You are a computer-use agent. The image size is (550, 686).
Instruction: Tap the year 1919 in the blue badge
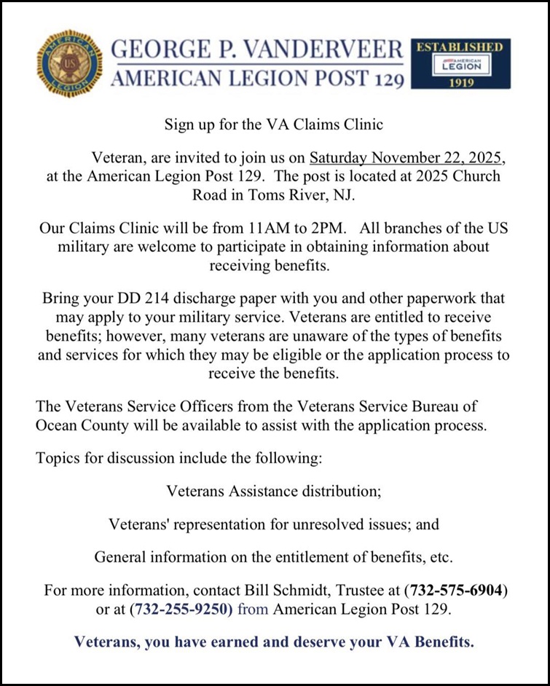point(460,82)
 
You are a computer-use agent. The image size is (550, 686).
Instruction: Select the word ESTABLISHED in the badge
point(460,47)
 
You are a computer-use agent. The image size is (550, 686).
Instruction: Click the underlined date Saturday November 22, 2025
point(406,158)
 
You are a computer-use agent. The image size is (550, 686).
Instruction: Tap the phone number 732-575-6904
point(456,590)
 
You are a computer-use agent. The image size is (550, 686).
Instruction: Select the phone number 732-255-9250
point(182,609)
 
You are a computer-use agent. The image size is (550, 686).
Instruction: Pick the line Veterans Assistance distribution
point(274,491)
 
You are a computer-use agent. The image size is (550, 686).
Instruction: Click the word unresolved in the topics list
point(355,524)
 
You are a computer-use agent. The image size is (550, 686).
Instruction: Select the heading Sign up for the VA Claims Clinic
point(274,125)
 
